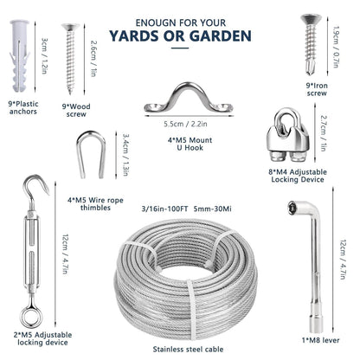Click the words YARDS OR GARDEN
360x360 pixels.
click(x=180, y=36)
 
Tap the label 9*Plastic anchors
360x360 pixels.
click(x=25, y=109)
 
